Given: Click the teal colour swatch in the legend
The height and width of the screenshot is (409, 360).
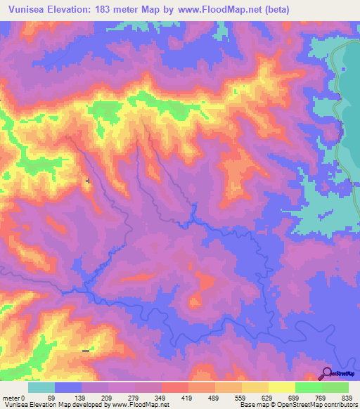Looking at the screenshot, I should point(41,387).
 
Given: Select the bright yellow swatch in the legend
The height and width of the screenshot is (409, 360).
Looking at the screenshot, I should point(282,387).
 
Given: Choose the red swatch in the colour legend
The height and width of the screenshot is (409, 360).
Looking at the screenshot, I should point(174,387).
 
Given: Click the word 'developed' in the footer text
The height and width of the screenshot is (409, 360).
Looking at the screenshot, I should point(91,404).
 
